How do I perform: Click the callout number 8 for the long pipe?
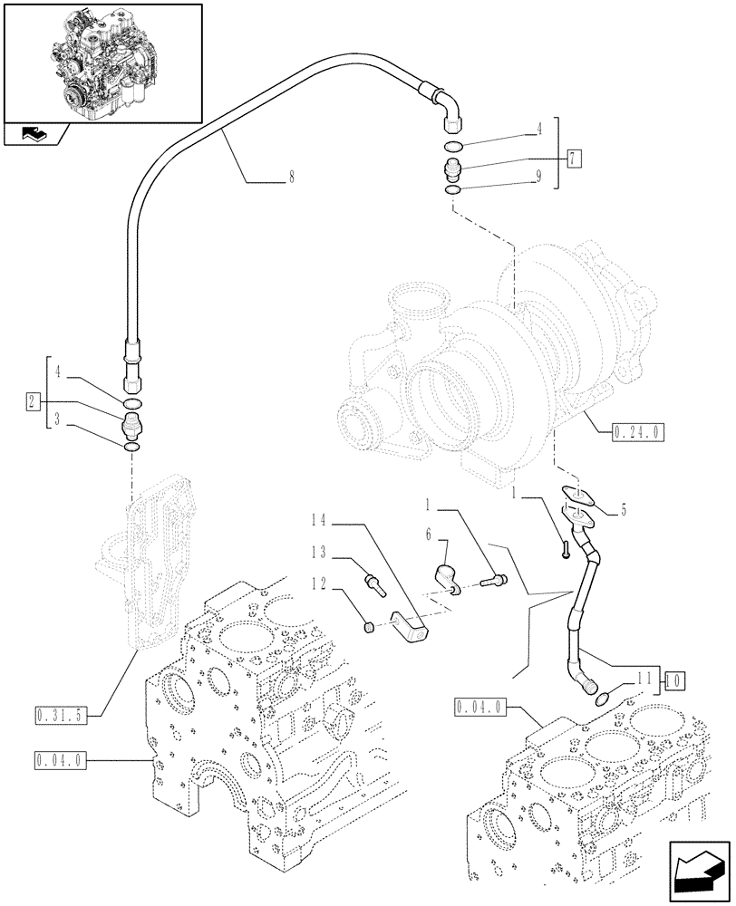[291, 178]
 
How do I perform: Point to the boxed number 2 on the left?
[31, 400]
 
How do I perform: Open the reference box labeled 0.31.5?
[60, 715]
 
